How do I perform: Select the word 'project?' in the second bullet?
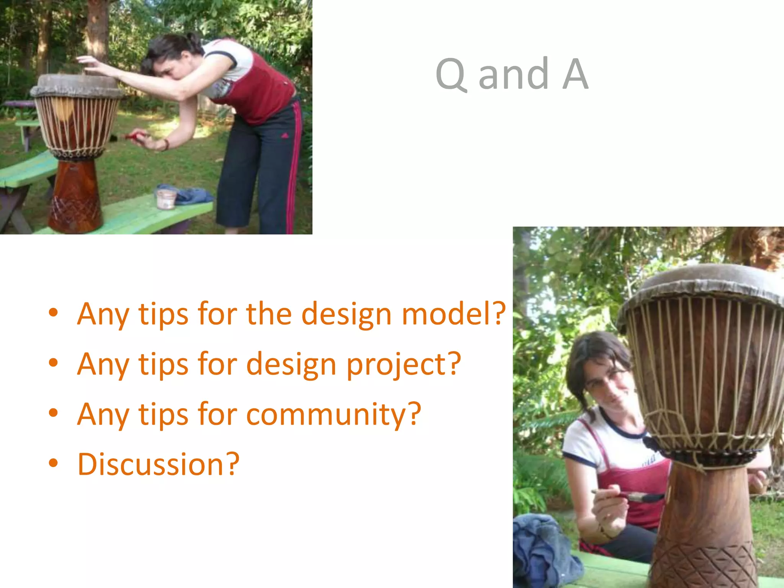(403, 364)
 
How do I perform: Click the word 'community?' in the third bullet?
(333, 414)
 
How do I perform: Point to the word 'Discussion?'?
(158, 464)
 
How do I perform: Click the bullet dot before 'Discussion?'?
(53, 463)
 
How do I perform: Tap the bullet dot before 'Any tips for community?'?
(53, 413)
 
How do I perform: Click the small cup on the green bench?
(166, 198)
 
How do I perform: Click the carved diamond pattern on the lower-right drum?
(704, 567)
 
